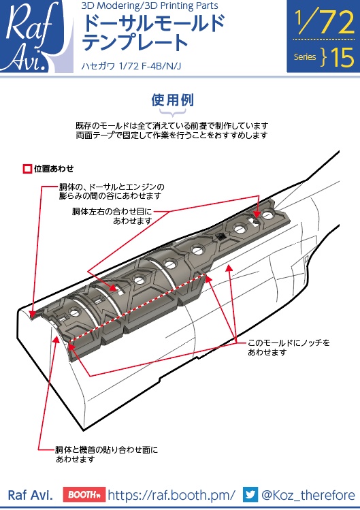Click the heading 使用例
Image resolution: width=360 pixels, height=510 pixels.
click(x=172, y=100)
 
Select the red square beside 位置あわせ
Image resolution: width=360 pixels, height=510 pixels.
click(x=27, y=168)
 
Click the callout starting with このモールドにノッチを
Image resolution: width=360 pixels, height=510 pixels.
click(x=289, y=347)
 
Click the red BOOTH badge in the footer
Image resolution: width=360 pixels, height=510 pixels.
click(x=83, y=494)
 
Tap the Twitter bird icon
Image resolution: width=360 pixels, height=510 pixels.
click(x=250, y=494)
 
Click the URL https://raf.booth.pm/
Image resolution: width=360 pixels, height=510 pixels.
click(x=171, y=495)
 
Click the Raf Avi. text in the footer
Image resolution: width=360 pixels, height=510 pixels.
click(x=30, y=495)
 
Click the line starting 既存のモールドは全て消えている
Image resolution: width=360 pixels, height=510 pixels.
click(x=172, y=126)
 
